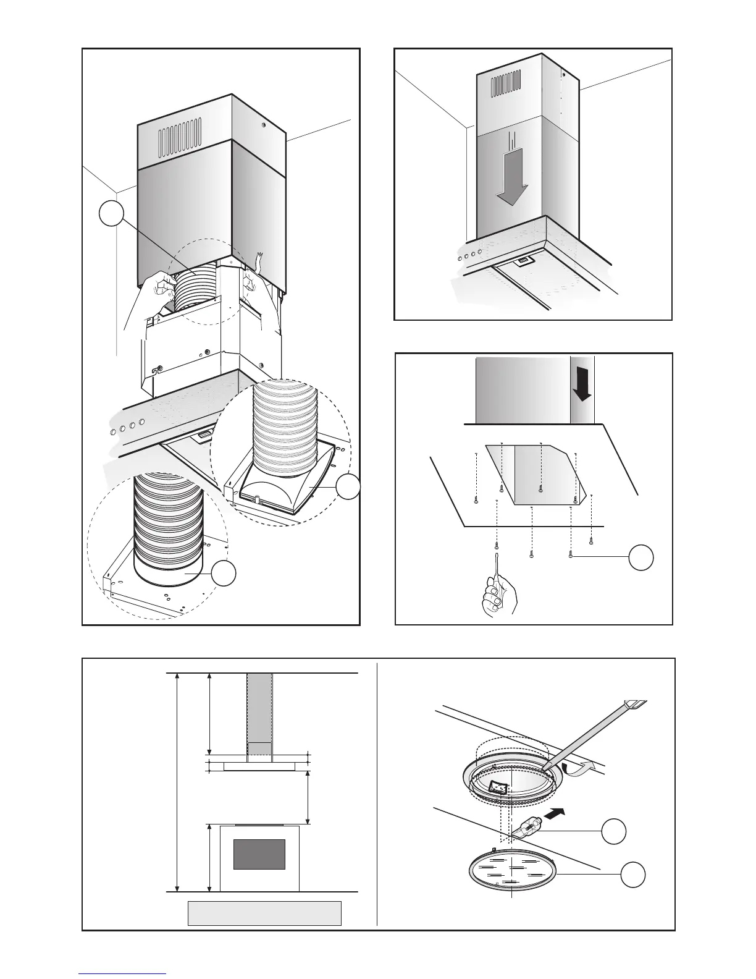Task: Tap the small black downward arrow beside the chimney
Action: click(x=582, y=388)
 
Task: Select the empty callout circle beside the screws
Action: click(x=641, y=557)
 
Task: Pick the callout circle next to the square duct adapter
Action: click(x=348, y=487)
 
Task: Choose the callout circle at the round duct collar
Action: click(x=224, y=574)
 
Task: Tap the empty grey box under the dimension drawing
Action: click(x=264, y=913)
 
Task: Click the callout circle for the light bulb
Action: click(x=614, y=831)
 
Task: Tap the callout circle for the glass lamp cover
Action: click(x=633, y=875)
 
